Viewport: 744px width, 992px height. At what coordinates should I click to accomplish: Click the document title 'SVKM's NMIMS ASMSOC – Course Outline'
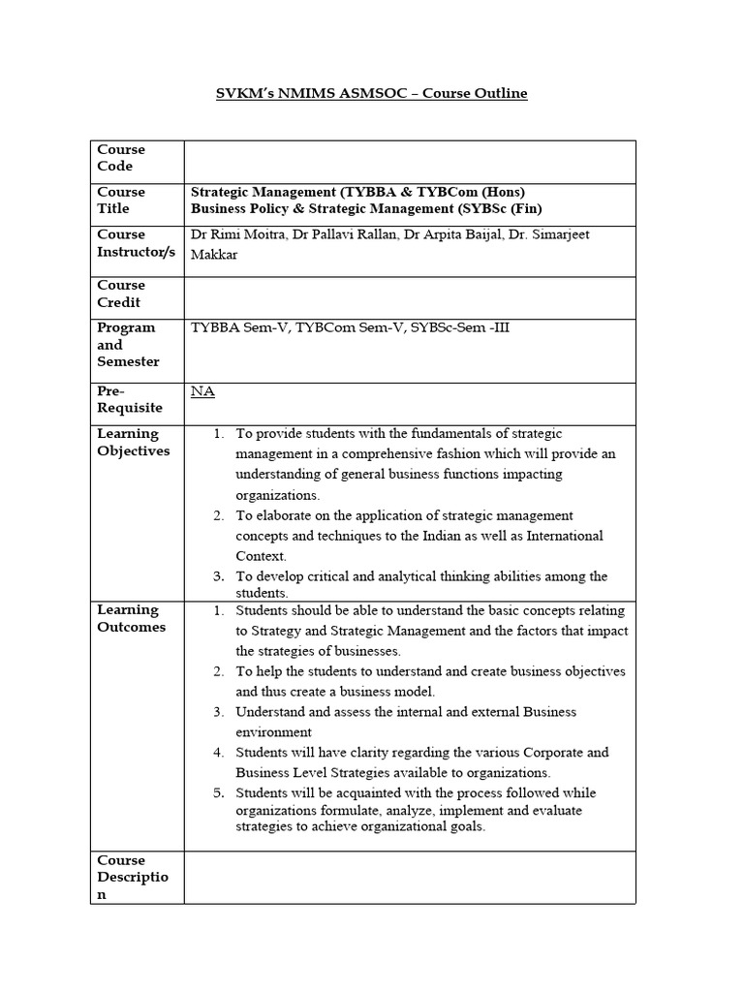tap(372, 94)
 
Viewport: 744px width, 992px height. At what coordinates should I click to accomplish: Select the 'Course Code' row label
tap(121, 158)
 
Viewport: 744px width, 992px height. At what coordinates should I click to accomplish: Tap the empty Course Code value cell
tap(409, 161)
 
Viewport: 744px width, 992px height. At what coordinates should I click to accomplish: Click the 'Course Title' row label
tap(121, 201)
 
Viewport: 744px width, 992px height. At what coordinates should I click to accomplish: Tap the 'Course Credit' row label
tap(121, 294)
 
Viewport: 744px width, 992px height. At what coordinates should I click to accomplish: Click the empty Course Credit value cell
tap(409, 297)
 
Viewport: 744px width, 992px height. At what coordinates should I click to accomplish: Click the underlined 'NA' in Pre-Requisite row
tap(202, 391)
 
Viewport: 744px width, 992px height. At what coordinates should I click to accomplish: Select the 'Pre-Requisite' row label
tap(128, 400)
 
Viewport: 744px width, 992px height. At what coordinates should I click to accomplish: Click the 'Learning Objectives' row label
tap(133, 442)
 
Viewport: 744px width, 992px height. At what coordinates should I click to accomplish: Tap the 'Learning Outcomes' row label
tap(131, 618)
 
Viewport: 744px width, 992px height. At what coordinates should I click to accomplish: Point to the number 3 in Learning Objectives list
tap(219, 576)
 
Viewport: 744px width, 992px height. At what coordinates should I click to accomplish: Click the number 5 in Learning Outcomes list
tap(219, 792)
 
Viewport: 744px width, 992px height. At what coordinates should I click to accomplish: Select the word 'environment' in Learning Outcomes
tap(273, 732)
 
